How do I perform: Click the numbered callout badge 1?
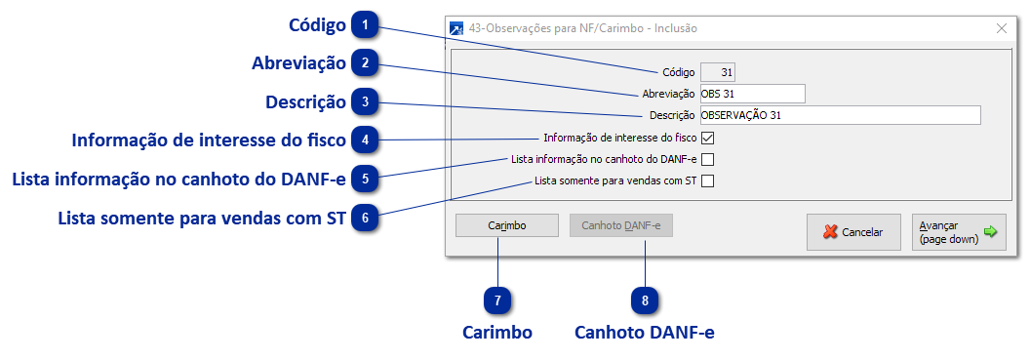point(365,23)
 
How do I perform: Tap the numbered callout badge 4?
point(365,140)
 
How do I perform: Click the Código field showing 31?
point(718,72)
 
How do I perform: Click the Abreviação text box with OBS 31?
point(751,94)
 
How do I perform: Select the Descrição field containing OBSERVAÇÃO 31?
point(839,115)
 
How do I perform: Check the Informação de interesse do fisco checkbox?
point(708,138)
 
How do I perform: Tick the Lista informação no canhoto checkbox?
point(708,159)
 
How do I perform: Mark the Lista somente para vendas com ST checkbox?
point(708,180)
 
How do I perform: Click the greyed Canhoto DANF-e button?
point(621,226)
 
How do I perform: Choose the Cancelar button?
point(852,232)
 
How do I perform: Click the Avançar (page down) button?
point(959,232)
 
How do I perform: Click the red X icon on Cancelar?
point(830,232)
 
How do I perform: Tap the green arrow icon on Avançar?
point(991,231)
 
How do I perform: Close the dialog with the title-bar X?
point(1001,28)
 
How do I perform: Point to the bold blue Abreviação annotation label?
point(298,63)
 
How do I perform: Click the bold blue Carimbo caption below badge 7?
point(497,333)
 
